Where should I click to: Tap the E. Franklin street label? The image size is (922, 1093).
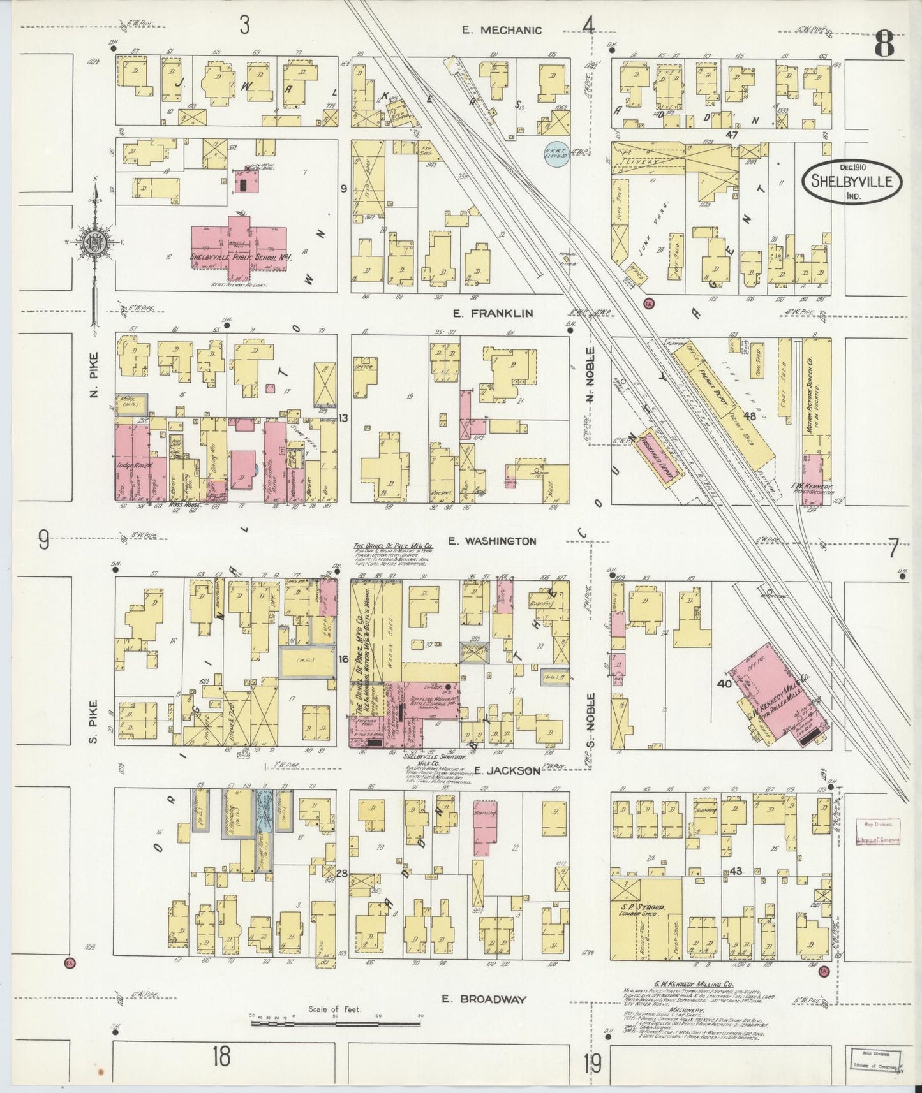point(492,313)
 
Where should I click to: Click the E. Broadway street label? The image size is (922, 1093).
point(486,999)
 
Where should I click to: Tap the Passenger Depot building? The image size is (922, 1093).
point(657,464)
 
